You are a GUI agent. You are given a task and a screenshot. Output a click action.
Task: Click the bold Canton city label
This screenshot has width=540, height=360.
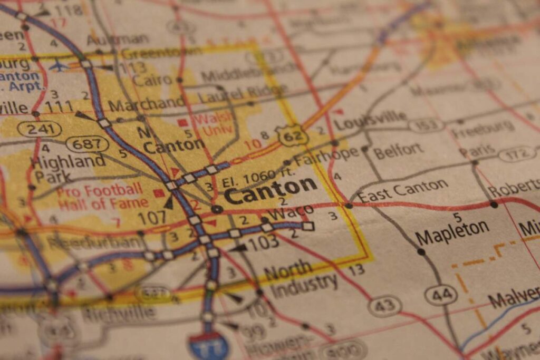pyautogui.click(x=270, y=191)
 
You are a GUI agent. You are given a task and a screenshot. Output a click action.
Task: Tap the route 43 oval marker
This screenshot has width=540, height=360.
pyautogui.click(x=384, y=306)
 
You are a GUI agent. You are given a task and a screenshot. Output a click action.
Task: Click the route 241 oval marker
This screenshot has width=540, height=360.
pyautogui.click(x=40, y=128)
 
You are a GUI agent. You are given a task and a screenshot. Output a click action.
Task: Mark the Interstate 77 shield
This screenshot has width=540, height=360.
pyautogui.click(x=209, y=345)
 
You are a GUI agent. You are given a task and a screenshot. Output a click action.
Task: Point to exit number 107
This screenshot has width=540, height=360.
pyautogui.click(x=152, y=217)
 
